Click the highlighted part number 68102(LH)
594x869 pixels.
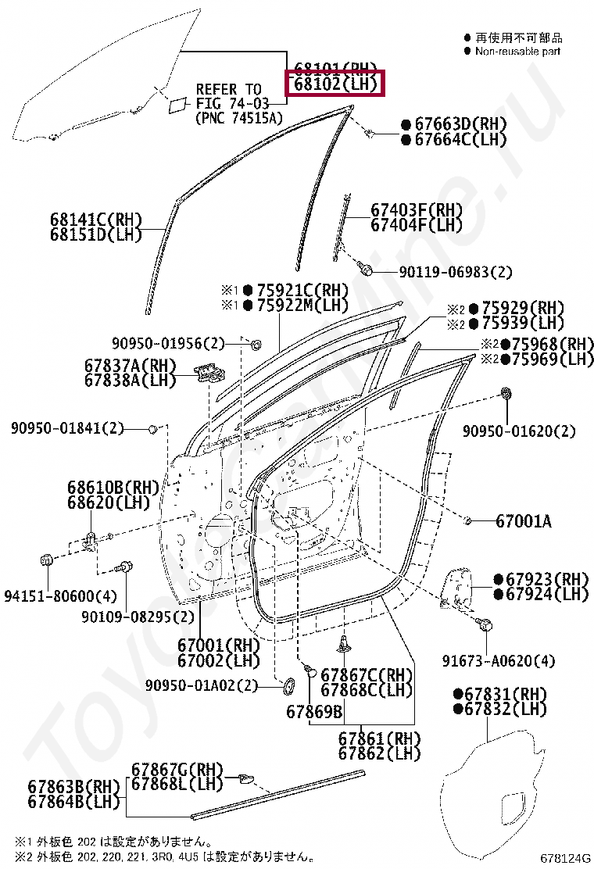tap(336, 83)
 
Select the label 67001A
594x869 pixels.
tap(523, 520)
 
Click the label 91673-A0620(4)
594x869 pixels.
tap(507, 661)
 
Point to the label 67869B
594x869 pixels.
tap(314, 711)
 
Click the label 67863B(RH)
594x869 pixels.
tap(74, 786)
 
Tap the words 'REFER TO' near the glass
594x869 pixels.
tap(228, 89)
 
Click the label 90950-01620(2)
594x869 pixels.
tap(518, 431)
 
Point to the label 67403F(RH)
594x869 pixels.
tap(416, 210)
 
